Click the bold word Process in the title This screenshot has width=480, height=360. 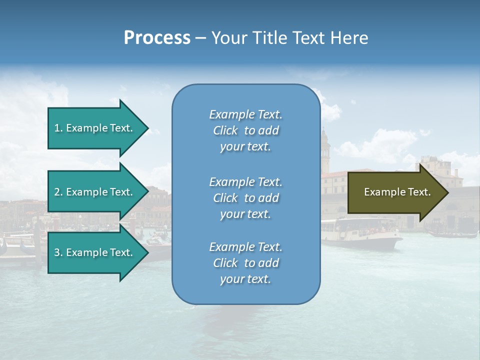pyautogui.click(x=157, y=38)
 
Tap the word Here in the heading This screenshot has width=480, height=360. pyautogui.click(x=348, y=38)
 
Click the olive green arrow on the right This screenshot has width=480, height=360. pyautogui.click(x=395, y=192)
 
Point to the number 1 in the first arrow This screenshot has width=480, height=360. pyautogui.click(x=57, y=128)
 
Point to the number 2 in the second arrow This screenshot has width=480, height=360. pyautogui.click(x=57, y=192)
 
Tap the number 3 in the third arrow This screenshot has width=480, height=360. pyautogui.click(x=57, y=252)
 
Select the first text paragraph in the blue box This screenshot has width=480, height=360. pyautogui.click(x=245, y=130)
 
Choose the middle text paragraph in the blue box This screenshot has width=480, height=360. pyautogui.click(x=245, y=198)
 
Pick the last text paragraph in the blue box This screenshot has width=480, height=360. pyautogui.click(x=245, y=263)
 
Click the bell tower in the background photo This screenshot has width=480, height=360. pyautogui.click(x=325, y=147)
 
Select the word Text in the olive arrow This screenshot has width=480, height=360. pyautogui.click(x=419, y=192)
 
